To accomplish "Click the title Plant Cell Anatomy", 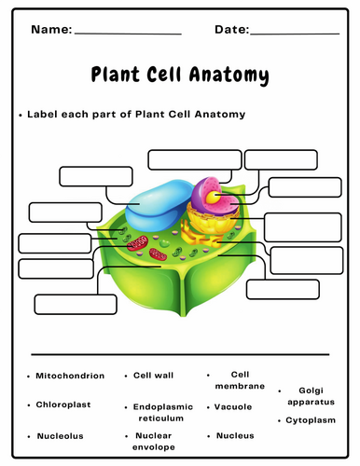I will tap(179, 75).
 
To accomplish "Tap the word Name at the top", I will tap(50, 30).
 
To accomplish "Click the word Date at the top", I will tap(231, 30).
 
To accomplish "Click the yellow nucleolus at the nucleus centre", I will tap(215, 197).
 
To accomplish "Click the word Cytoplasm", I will tap(310, 420).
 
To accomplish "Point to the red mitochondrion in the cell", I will tap(138, 243).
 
